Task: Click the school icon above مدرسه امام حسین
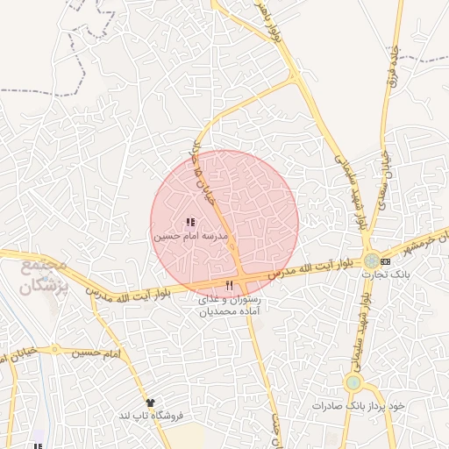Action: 190,223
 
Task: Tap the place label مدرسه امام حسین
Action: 190,237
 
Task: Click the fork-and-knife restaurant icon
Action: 230,285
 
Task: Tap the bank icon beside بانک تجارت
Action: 386,261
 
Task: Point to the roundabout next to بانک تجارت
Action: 373,260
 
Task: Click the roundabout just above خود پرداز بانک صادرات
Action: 353,382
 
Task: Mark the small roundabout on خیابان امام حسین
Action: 55,350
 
